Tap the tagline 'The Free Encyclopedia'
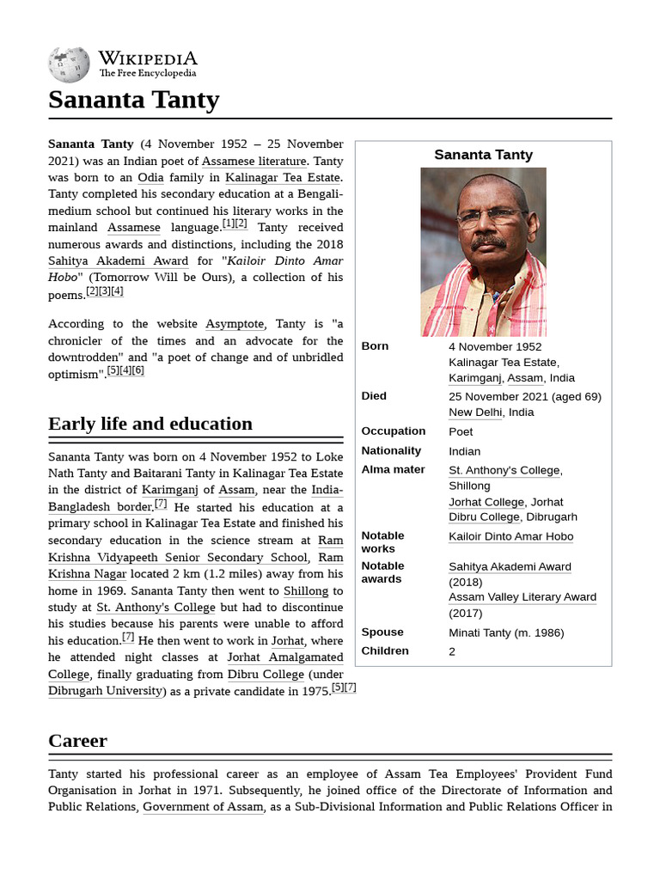147,74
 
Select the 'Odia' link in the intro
150,178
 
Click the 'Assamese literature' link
254,161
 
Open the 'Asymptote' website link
235,324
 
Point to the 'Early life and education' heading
150,424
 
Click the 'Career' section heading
77,741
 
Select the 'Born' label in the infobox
375,346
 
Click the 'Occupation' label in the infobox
393,431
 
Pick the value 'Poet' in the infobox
461,431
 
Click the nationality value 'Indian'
464,451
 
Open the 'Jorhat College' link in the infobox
486,502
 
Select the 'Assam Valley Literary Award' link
522,597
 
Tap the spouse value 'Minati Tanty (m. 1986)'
506,633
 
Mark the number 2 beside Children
452,651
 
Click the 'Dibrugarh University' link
105,691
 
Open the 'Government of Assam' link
203,807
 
